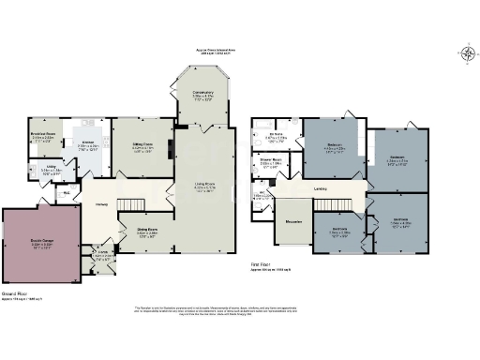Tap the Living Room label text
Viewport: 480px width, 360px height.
(203, 183)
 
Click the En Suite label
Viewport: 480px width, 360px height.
(277, 137)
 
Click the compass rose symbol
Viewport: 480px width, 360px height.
(466, 52)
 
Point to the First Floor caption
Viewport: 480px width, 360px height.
(263, 265)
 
